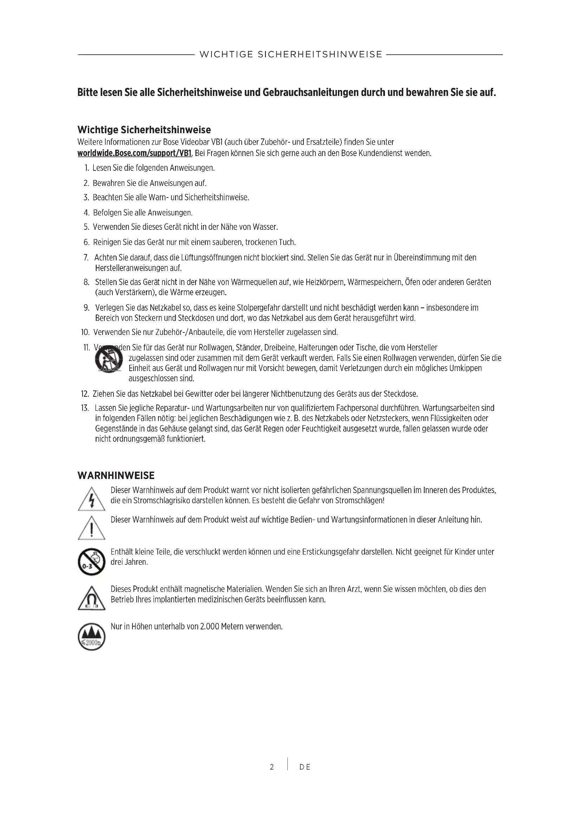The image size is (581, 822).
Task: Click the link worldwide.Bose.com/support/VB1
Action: (135, 154)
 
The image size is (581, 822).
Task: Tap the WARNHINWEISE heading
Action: (116, 476)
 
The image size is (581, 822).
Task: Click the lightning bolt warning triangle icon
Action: (92, 499)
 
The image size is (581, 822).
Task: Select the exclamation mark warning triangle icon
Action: (92, 528)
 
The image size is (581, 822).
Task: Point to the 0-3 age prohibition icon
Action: (92, 562)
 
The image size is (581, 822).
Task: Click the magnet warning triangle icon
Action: (92, 598)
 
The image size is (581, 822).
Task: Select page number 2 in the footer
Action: (272, 767)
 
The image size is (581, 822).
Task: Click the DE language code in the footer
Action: (305, 767)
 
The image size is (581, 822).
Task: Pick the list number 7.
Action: (86, 258)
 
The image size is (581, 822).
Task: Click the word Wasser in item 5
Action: (265, 227)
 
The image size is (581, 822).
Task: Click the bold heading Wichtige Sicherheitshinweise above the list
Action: (144, 130)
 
